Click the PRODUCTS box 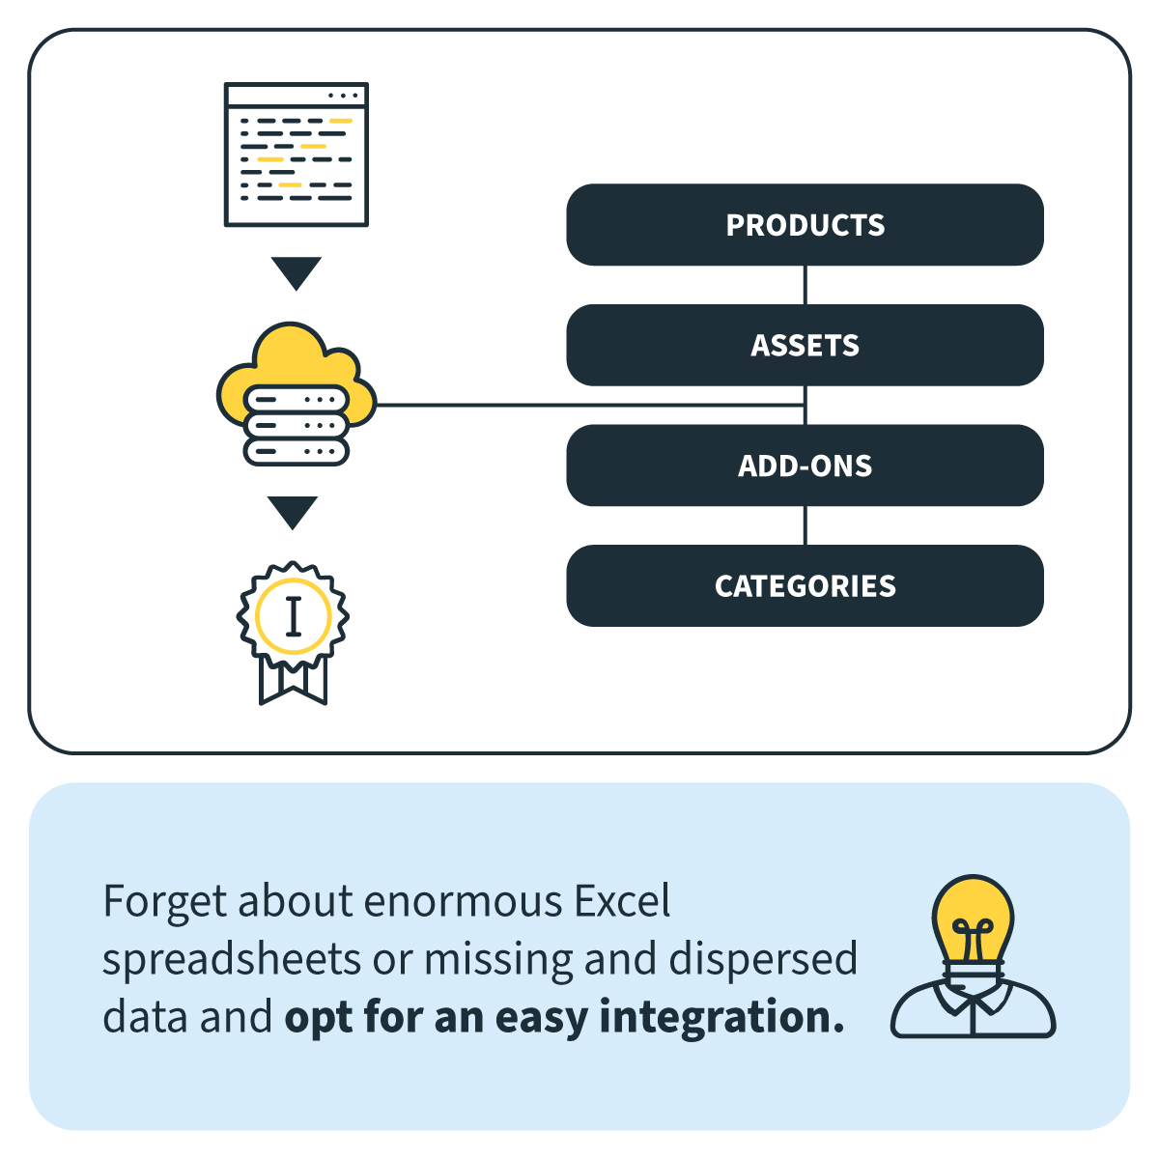point(805,225)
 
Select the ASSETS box point(805,345)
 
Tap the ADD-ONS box point(805,466)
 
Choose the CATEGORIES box point(805,586)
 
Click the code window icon point(296,155)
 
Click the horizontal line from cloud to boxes point(590,406)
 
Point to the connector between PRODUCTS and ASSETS point(805,285)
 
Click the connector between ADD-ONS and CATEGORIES point(805,525)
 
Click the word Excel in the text point(622,901)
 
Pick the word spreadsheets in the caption point(232,960)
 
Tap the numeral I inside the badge point(293,616)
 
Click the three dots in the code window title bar point(343,96)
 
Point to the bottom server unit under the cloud point(296,451)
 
